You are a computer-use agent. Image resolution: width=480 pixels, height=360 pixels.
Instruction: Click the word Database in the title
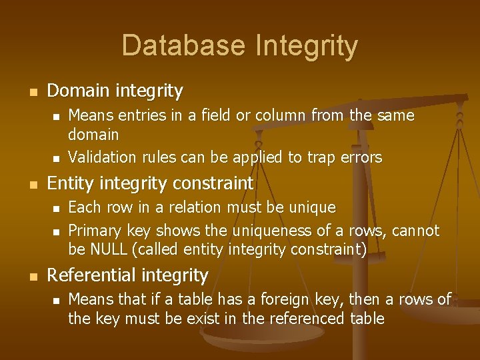coord(184,46)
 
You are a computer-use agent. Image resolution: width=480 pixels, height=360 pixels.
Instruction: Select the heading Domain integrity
coord(115,90)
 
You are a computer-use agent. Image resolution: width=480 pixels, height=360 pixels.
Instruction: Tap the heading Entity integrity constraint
coord(151,183)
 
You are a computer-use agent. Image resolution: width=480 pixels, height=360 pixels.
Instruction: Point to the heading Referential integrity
coord(128,275)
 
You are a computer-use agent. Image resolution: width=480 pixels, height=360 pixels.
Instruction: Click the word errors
coord(361,158)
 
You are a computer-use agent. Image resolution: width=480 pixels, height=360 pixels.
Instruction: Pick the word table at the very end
coord(367,319)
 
